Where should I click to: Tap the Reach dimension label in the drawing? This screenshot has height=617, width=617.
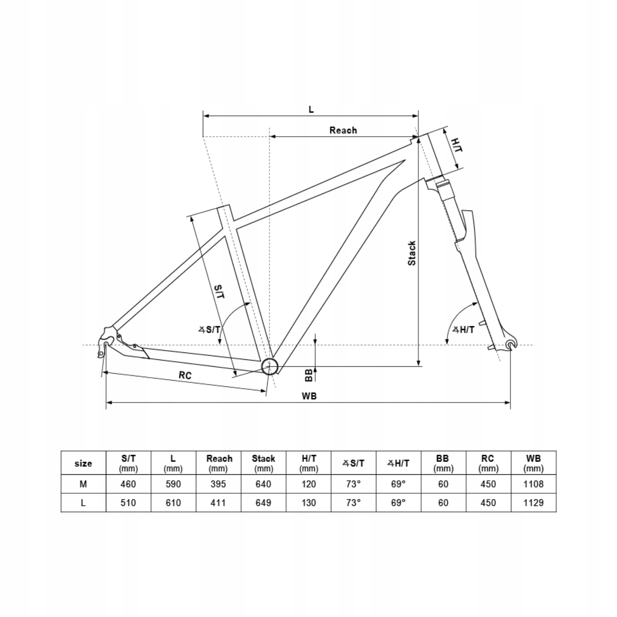click(343, 130)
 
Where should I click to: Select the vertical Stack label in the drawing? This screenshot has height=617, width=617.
click(412, 253)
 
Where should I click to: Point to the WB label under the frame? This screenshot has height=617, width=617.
click(309, 396)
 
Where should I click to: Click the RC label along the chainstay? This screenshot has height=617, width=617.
click(185, 375)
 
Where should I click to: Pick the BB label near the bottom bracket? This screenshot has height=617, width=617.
click(308, 375)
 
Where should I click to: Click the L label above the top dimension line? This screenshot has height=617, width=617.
click(311, 110)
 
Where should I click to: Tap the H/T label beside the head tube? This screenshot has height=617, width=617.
click(456, 145)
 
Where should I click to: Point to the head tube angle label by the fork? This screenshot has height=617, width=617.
click(463, 330)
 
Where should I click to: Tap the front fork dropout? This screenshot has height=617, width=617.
click(511, 344)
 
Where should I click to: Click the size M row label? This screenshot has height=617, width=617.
click(83, 484)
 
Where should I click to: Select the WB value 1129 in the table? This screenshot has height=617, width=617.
click(533, 503)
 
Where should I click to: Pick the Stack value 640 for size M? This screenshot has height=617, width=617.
click(263, 484)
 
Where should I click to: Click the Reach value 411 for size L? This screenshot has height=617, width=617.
click(218, 503)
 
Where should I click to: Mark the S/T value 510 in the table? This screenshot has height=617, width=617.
click(128, 503)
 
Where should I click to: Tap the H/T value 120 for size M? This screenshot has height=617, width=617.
click(308, 484)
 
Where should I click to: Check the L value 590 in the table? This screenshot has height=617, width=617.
click(173, 484)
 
